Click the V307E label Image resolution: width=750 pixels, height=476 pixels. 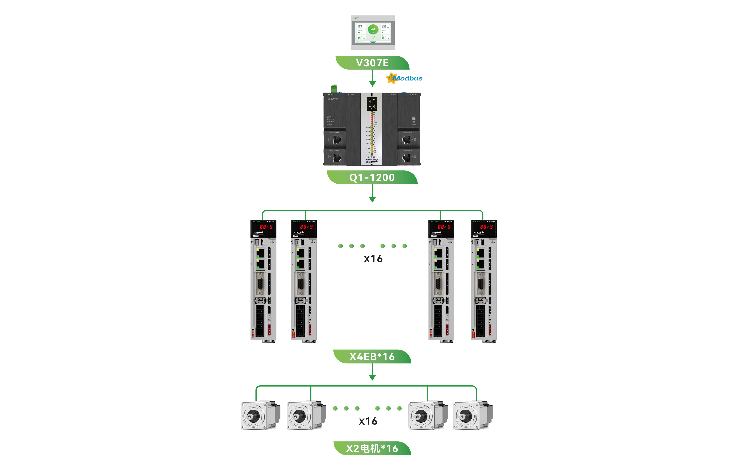[372, 63]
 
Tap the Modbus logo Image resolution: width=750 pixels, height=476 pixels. [405, 78]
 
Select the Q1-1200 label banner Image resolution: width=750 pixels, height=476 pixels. [372, 177]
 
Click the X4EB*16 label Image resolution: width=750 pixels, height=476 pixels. [372, 357]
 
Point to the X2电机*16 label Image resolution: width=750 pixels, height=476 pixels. [372, 448]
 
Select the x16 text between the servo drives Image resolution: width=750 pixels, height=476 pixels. [373, 259]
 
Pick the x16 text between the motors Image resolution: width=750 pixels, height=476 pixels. [368, 421]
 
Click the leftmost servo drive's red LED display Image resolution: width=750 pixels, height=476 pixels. [266, 227]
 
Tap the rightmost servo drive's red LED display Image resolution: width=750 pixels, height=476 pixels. [486, 227]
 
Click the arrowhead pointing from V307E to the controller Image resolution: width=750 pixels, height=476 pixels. [372, 83]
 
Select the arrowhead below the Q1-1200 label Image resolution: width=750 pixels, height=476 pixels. [372, 199]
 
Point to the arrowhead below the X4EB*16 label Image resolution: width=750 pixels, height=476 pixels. [372, 377]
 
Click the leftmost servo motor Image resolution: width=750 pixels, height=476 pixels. [260, 415]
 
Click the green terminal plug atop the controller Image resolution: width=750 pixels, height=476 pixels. [334, 88]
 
